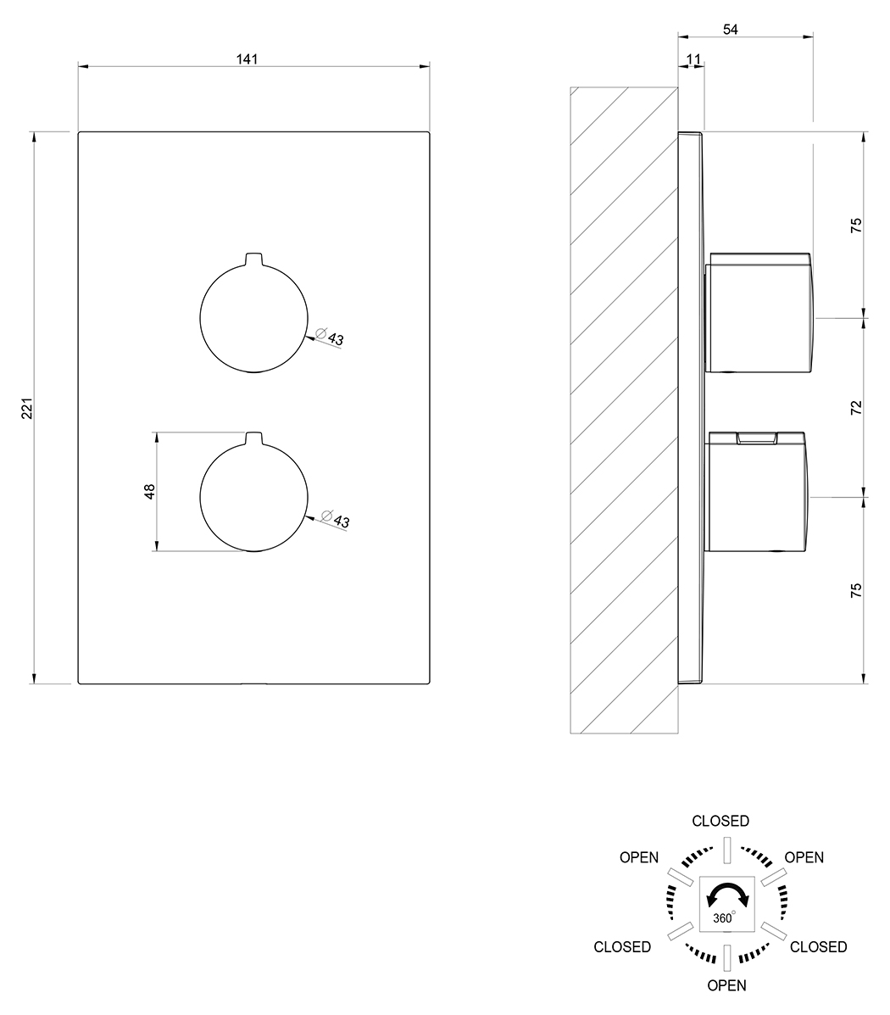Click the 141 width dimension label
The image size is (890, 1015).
click(x=247, y=59)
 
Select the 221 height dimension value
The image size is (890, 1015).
click(x=27, y=409)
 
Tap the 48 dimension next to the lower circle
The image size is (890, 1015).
click(x=150, y=491)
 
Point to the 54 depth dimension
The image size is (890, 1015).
click(x=730, y=29)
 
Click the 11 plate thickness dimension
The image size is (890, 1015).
click(x=693, y=59)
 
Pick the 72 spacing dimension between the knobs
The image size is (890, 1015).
click(x=856, y=408)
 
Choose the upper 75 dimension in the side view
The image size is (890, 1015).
click(x=856, y=226)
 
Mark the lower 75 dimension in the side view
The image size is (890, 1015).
click(x=856, y=590)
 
